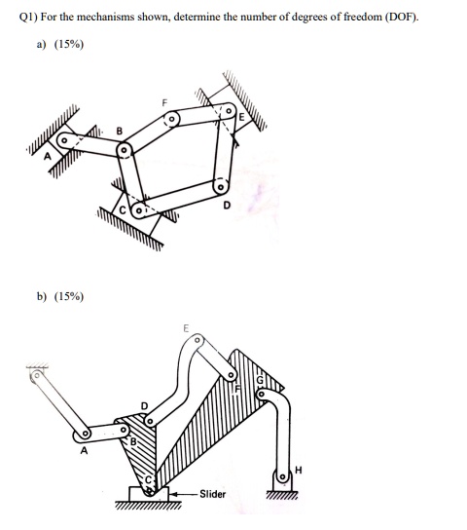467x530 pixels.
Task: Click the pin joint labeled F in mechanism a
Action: coord(171,119)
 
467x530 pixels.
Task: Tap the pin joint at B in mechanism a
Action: coord(125,151)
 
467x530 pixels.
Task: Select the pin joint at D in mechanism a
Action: coord(221,185)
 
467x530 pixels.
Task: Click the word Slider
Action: coord(211,494)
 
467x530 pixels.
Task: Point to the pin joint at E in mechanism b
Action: coord(198,341)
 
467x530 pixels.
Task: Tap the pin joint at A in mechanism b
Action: coord(86,433)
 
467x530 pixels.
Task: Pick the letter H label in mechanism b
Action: coord(299,472)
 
